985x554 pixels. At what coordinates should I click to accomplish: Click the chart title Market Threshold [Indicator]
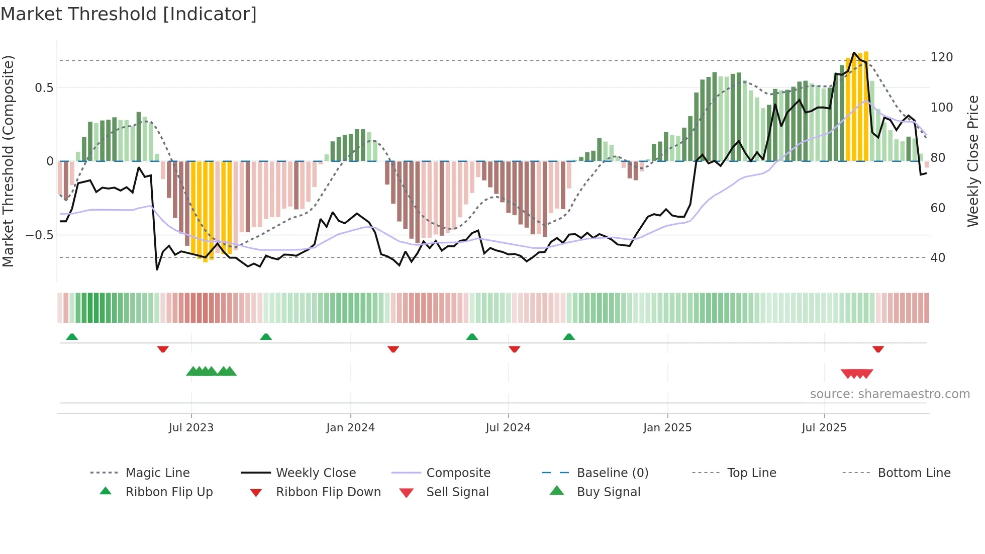(x=129, y=14)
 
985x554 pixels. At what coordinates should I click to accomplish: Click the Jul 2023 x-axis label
(x=191, y=428)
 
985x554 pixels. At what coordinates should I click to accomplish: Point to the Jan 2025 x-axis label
(x=667, y=428)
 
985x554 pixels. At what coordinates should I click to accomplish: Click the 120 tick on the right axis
(x=941, y=57)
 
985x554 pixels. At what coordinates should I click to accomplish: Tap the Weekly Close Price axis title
(x=973, y=161)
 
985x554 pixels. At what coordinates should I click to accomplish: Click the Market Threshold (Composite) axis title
(x=8, y=161)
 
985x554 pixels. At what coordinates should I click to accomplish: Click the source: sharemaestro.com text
(x=890, y=394)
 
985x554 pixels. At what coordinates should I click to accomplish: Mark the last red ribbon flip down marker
(x=878, y=349)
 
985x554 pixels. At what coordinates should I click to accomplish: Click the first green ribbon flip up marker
(x=72, y=337)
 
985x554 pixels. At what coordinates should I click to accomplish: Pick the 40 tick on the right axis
(x=938, y=258)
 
